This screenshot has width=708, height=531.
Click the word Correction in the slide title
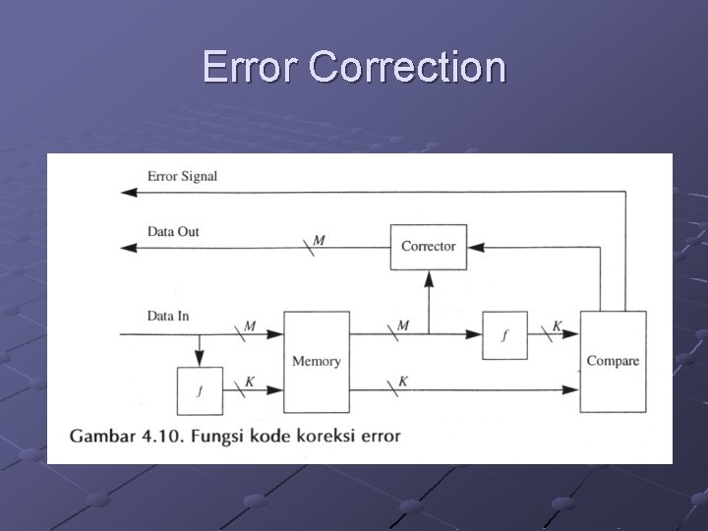tap(406, 68)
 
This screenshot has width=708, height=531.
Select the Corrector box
tap(428, 246)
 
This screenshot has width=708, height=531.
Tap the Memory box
tap(316, 361)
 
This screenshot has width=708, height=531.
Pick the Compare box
tap(613, 361)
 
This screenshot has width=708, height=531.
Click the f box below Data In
tap(200, 390)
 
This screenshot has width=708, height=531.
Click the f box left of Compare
tap(504, 335)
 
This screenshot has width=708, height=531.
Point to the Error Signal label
tap(182, 176)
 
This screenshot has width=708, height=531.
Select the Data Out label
tap(173, 231)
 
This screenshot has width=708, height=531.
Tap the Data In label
tap(168, 316)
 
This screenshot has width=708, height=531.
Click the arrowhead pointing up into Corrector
tap(428, 278)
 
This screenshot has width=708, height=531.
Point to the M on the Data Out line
tap(319, 240)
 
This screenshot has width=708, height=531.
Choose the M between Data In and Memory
tap(250, 325)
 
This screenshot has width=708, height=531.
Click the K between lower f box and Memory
tap(250, 382)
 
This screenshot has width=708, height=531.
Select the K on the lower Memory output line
tap(403, 382)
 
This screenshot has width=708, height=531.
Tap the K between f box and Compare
tap(558, 325)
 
